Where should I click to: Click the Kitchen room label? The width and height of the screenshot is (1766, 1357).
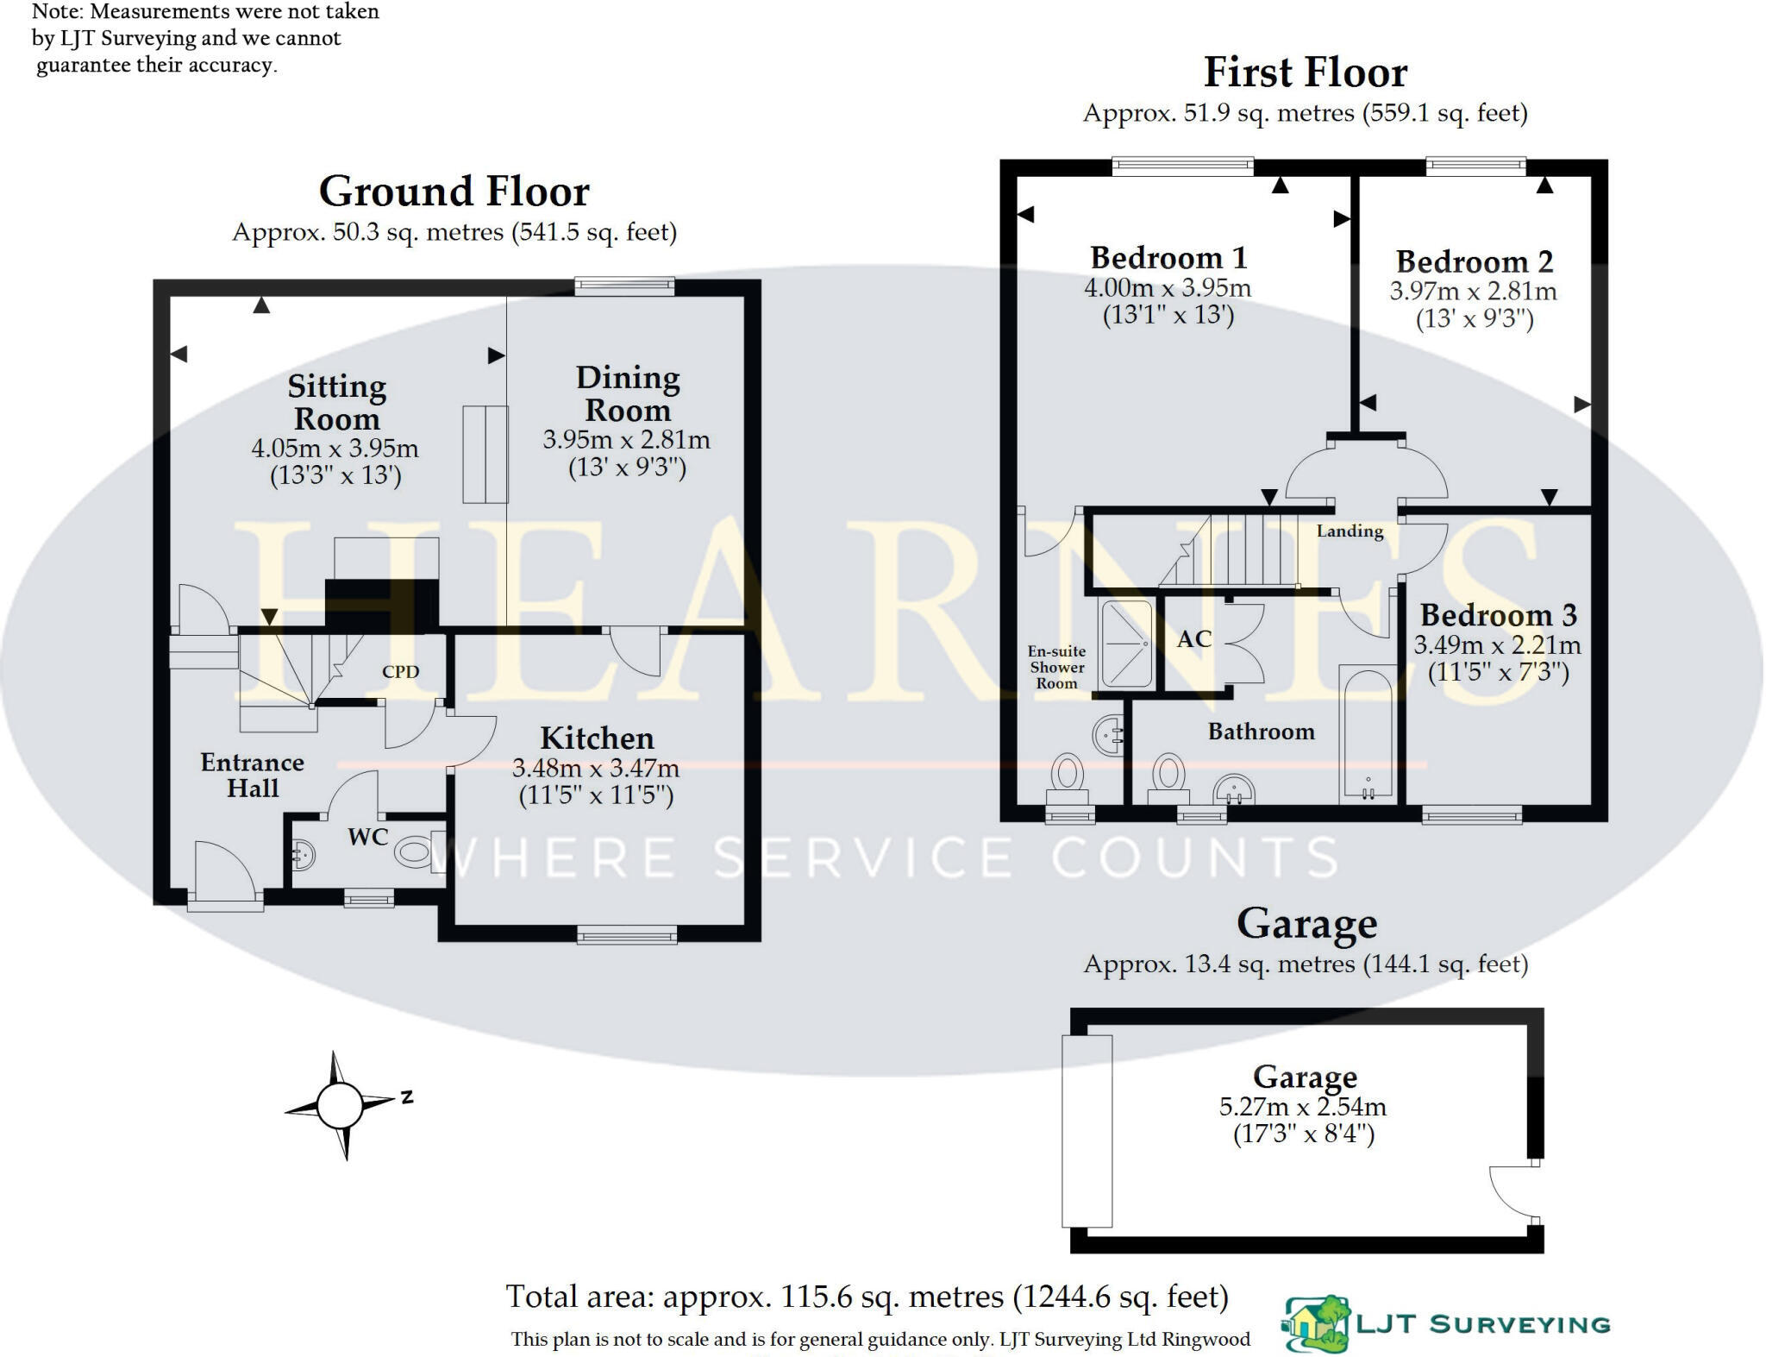[597, 738]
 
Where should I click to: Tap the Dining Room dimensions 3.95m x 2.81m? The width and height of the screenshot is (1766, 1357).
[626, 440]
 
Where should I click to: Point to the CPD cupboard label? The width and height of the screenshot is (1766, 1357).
[400, 671]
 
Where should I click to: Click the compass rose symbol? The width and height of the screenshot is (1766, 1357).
[340, 1105]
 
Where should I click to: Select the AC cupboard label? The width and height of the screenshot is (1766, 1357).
[1194, 639]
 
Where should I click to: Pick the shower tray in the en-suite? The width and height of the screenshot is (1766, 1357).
[1125, 644]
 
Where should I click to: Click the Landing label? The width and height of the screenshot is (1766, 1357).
[1350, 531]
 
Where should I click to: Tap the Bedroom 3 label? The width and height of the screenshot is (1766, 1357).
[1499, 615]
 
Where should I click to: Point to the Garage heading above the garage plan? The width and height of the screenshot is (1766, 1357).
[1306, 924]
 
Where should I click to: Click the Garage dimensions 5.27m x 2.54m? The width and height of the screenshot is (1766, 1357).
[1303, 1107]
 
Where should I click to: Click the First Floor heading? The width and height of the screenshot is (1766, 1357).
[1306, 72]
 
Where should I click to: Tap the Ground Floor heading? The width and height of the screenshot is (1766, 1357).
[454, 192]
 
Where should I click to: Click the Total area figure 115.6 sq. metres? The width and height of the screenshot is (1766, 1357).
[867, 1297]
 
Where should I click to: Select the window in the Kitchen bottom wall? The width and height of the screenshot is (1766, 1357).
[627, 933]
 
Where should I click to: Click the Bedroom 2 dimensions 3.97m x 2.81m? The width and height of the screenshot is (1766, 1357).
[1473, 292]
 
